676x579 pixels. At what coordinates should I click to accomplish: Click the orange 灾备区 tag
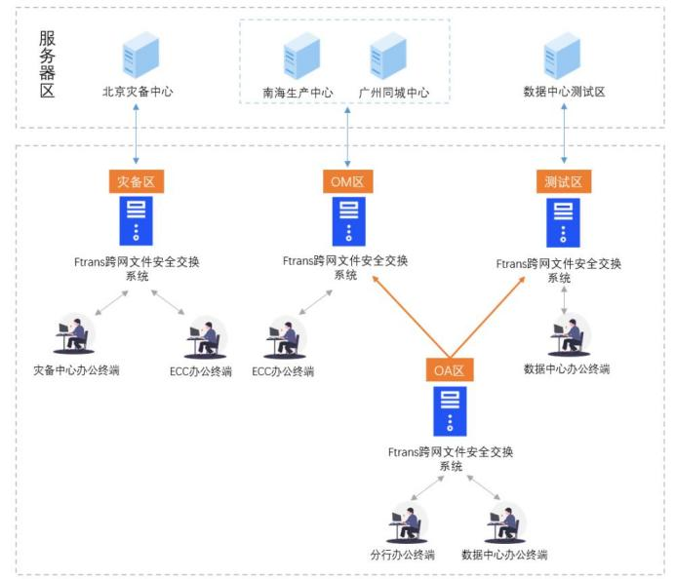(136, 181)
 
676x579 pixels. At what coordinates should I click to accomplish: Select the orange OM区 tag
(345, 181)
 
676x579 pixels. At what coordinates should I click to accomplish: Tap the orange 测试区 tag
(564, 181)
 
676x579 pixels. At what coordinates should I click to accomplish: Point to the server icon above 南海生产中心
(300, 57)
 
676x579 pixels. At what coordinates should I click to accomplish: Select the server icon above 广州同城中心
(387, 57)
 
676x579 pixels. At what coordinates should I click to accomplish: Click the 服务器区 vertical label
(47, 64)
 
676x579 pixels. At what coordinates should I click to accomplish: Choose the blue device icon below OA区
(450, 410)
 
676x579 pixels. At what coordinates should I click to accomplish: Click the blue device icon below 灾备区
(136, 221)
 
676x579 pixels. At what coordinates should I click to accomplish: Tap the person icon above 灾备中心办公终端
(74, 335)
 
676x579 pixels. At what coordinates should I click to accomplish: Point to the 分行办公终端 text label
(402, 555)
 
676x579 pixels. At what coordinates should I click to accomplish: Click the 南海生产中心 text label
(298, 93)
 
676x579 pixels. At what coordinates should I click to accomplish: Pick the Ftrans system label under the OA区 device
(450, 458)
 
